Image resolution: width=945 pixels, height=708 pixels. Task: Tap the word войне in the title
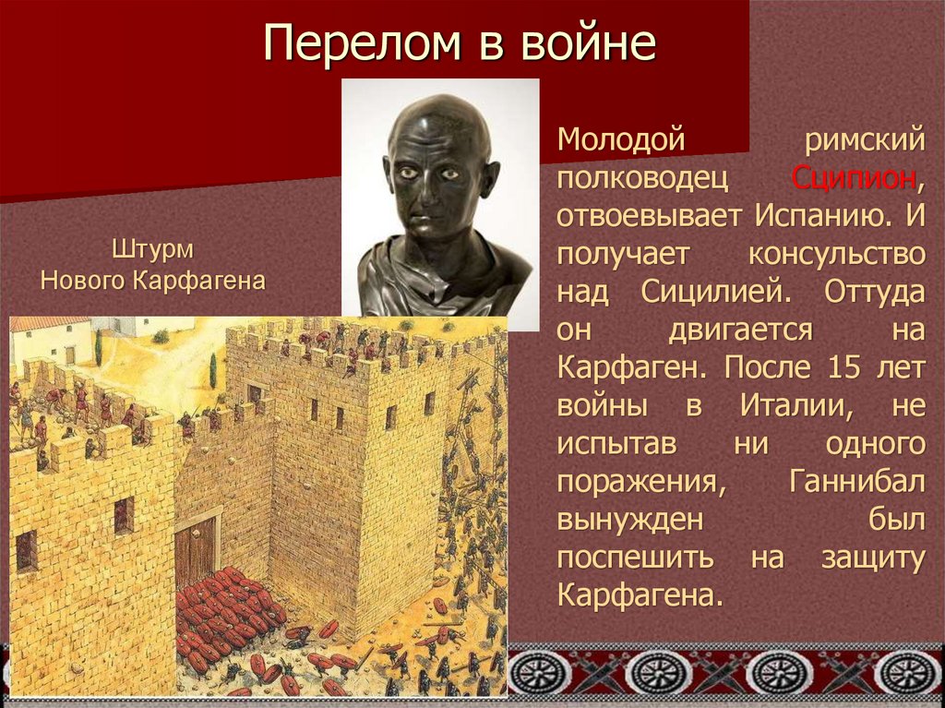[x=601, y=44]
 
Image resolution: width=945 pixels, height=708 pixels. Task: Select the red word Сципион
[x=853, y=177]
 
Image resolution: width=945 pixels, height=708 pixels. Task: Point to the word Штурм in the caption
[x=153, y=249]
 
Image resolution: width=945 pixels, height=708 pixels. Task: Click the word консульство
[x=837, y=253]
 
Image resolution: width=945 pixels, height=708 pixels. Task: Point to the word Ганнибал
[x=857, y=480]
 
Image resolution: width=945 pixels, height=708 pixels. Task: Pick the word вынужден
[x=631, y=518]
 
